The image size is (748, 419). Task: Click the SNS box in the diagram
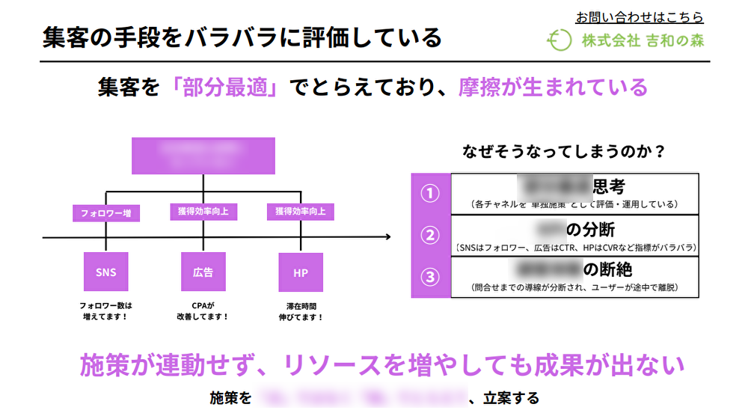105,272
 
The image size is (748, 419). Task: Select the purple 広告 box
203,272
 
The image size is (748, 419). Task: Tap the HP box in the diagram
300,272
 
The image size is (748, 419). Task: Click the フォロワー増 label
105,213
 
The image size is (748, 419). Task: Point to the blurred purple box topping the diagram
203,156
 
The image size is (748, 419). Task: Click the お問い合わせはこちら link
640,16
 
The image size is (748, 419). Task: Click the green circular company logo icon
558,40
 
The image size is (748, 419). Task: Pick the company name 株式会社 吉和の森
643,40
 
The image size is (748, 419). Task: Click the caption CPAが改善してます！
203,311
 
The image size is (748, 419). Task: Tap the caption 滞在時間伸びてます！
300,311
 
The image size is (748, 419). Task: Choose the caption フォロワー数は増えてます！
105,311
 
